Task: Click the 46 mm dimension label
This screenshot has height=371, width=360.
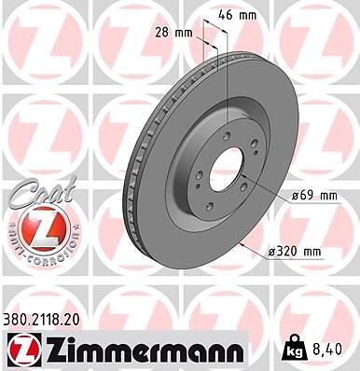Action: coord(238,15)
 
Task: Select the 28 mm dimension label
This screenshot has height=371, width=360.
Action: coord(174,33)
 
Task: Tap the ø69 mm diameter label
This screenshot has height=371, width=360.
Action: coord(314,196)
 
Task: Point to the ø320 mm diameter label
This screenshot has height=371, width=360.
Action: coord(294,252)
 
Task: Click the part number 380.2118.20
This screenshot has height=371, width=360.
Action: coord(42,319)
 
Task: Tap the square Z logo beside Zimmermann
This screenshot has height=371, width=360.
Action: coord(24,350)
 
